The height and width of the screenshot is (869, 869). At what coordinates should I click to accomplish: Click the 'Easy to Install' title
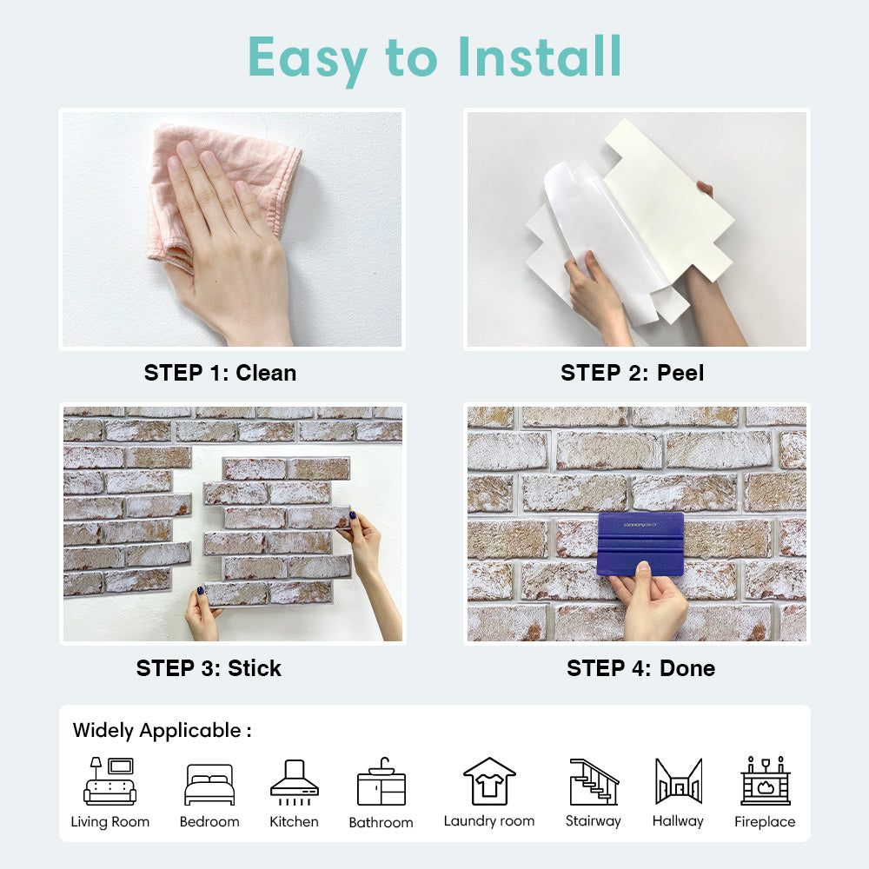click(434, 57)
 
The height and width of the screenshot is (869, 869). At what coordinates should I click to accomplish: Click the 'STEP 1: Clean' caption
click(220, 373)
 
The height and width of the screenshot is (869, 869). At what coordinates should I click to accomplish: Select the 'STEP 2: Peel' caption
click(632, 373)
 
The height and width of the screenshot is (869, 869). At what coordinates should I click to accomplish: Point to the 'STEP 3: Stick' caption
click(209, 668)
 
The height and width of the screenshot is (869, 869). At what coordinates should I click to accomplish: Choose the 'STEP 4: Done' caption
click(640, 668)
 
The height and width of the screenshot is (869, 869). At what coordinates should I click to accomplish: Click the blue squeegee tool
click(640, 544)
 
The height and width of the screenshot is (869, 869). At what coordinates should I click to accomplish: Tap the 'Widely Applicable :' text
click(162, 730)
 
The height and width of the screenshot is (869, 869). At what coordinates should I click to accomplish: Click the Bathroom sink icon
click(381, 782)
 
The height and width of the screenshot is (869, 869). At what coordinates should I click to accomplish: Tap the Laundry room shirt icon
click(489, 781)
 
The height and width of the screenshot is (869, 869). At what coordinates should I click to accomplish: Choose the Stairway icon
click(594, 781)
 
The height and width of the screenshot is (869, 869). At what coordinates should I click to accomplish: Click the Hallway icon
click(678, 781)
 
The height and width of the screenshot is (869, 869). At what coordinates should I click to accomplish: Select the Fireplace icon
click(765, 781)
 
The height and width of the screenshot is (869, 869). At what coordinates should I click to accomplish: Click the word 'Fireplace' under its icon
click(765, 822)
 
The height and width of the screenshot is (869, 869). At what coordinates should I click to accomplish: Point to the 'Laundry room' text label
click(489, 821)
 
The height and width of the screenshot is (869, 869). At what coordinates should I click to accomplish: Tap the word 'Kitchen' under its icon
click(294, 821)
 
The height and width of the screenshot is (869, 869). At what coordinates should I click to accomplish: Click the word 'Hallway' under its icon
click(678, 821)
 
